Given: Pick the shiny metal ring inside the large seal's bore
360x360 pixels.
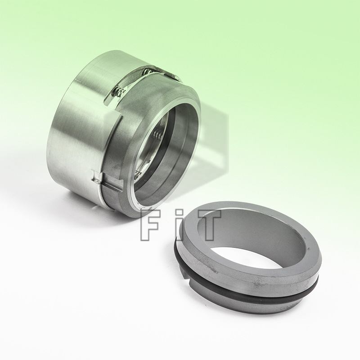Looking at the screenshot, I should pyautogui.click(x=153, y=148).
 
